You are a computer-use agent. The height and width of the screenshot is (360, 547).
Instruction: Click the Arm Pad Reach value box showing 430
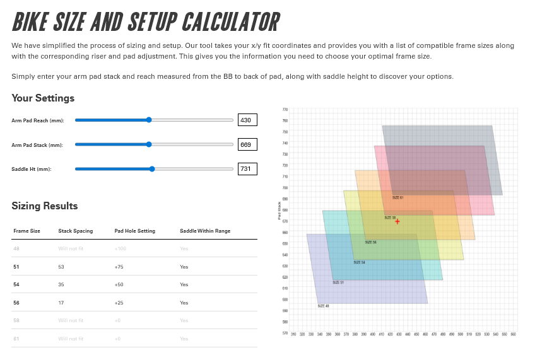pyautogui.click(x=247, y=120)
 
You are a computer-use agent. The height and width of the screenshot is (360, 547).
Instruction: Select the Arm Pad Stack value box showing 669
pyautogui.click(x=247, y=144)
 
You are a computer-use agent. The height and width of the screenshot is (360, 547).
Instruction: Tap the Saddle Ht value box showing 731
pyautogui.click(x=247, y=168)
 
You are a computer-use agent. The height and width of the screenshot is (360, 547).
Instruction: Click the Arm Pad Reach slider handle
pyautogui.click(x=149, y=120)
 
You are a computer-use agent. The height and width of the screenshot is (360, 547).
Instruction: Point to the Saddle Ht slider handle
pyautogui.click(x=152, y=168)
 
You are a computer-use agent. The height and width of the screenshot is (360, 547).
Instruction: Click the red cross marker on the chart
pyautogui.click(x=397, y=221)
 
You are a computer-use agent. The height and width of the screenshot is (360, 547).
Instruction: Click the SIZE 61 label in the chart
pyautogui.click(x=397, y=197)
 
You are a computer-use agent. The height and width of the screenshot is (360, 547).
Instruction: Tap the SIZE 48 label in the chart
pyautogui.click(x=323, y=306)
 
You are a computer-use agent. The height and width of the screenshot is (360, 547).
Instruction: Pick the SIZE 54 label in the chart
pyautogui.click(x=359, y=262)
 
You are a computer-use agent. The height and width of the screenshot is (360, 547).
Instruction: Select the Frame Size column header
pyautogui.click(x=26, y=231)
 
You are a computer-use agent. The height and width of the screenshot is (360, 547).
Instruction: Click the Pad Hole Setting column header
pyautogui.click(x=134, y=231)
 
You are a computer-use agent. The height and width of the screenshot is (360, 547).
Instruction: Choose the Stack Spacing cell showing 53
pyautogui.click(x=62, y=267)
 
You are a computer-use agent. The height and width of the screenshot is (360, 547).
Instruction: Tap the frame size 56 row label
pyautogui.click(x=16, y=303)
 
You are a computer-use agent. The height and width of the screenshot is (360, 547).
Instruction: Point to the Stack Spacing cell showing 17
pyautogui.click(x=61, y=303)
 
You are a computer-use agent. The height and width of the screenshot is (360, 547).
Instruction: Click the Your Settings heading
pyautogui.click(x=43, y=98)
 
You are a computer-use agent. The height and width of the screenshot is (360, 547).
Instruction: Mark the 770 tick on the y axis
pyautogui.click(x=285, y=109)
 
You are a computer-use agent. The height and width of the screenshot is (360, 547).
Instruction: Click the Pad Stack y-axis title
pyautogui.click(x=279, y=211)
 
